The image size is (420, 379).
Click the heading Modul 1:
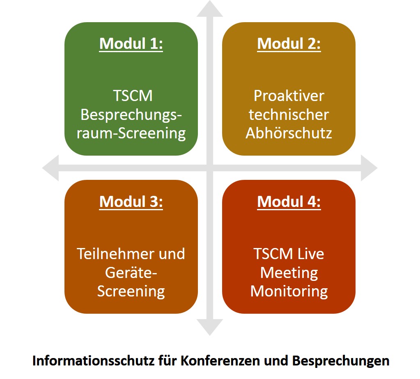[131, 44]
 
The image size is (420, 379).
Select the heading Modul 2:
[289, 44]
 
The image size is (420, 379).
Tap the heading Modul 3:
[131, 202]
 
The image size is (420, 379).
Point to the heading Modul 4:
[289, 202]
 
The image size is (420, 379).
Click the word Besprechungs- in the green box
[131, 115]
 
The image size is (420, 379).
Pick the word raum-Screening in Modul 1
[131, 133]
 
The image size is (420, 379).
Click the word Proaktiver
[289, 96]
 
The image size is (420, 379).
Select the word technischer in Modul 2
[289, 115]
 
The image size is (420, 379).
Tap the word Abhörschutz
[289, 133]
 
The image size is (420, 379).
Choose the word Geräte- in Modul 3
[131, 273]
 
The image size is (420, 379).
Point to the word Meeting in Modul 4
[289, 273]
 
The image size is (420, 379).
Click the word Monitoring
[289, 292]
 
